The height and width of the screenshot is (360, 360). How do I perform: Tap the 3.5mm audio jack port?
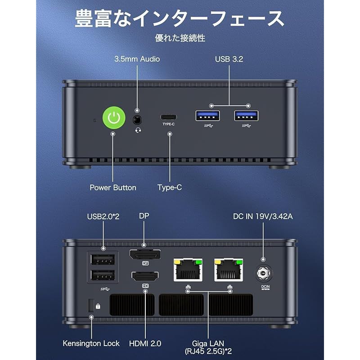tap(137, 120)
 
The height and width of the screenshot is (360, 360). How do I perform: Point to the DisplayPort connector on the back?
tap(145, 255)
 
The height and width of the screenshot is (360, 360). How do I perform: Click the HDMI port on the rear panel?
tap(145, 275)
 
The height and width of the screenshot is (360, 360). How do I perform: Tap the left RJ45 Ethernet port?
tap(187, 271)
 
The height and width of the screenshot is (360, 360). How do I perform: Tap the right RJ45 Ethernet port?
tap(229, 271)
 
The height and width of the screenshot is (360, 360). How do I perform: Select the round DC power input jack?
tap(263, 273)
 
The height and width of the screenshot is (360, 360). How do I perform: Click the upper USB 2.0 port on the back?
tap(103, 259)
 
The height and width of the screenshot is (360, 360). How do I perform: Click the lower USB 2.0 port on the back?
tap(103, 275)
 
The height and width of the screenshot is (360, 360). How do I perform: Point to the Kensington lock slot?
tap(91, 305)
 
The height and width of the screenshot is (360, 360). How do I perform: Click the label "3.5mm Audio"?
tap(137, 59)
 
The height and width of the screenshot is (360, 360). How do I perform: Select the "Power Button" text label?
tap(113, 188)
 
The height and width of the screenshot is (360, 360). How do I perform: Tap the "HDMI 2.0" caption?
tap(145, 343)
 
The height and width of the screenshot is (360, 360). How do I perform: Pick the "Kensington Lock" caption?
tap(91, 343)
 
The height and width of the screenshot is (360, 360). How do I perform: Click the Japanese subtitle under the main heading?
tap(180, 38)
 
